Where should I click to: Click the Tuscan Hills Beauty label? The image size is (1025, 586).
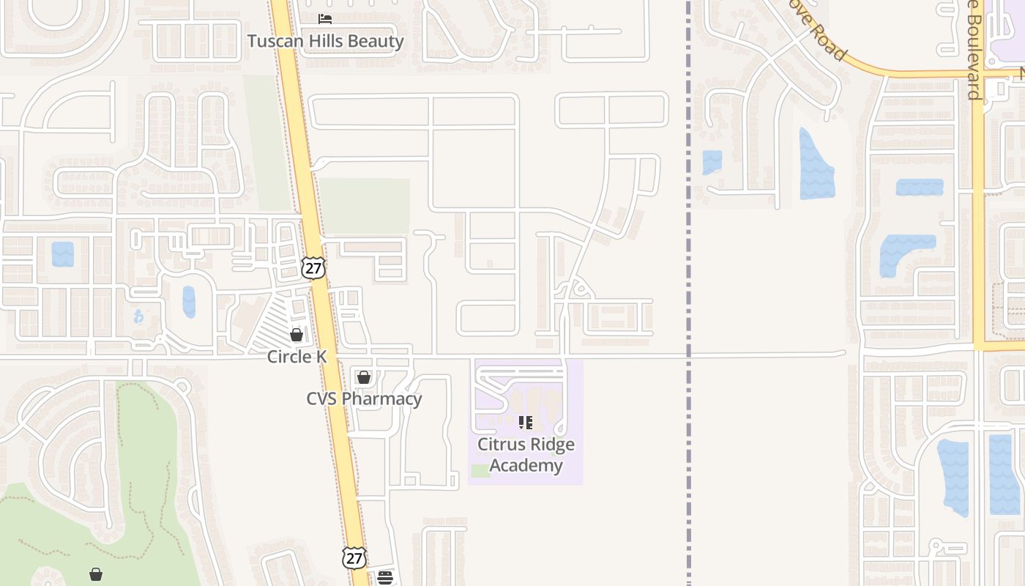coord(325,41)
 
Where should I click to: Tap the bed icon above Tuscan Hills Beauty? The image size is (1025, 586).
coord(325,19)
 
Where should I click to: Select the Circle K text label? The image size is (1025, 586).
coord(296,357)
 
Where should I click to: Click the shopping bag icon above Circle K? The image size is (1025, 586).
coord(297,335)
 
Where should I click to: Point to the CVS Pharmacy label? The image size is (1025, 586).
coord(364,399)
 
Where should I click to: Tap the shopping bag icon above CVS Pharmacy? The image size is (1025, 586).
coord(364,377)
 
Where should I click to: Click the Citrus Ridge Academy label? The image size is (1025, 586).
coord(526,455)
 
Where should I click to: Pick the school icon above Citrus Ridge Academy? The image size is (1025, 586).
coord(525,423)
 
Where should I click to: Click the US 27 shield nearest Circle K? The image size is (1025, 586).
coord(313,268)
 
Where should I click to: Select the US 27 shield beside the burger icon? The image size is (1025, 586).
coord(354,558)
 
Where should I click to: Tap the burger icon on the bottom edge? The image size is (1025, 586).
coord(385,578)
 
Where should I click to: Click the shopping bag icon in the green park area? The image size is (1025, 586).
coord(96,574)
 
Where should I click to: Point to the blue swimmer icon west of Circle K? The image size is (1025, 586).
coord(139,316)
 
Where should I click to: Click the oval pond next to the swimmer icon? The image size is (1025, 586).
coord(189,302)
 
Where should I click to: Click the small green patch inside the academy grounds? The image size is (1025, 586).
coord(481,471)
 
